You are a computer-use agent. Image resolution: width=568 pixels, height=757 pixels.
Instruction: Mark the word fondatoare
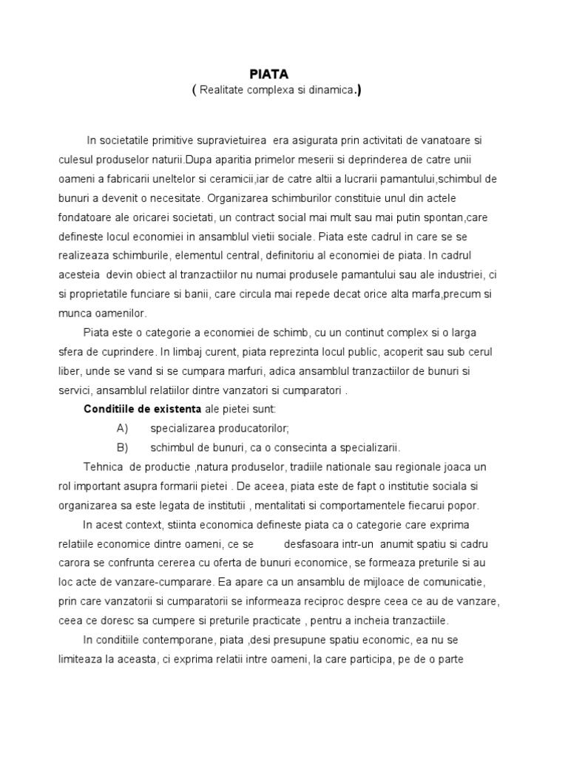87,218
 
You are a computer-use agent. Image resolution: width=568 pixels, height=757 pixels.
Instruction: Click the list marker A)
123,429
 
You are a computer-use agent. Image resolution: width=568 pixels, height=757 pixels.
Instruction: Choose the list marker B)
123,448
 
